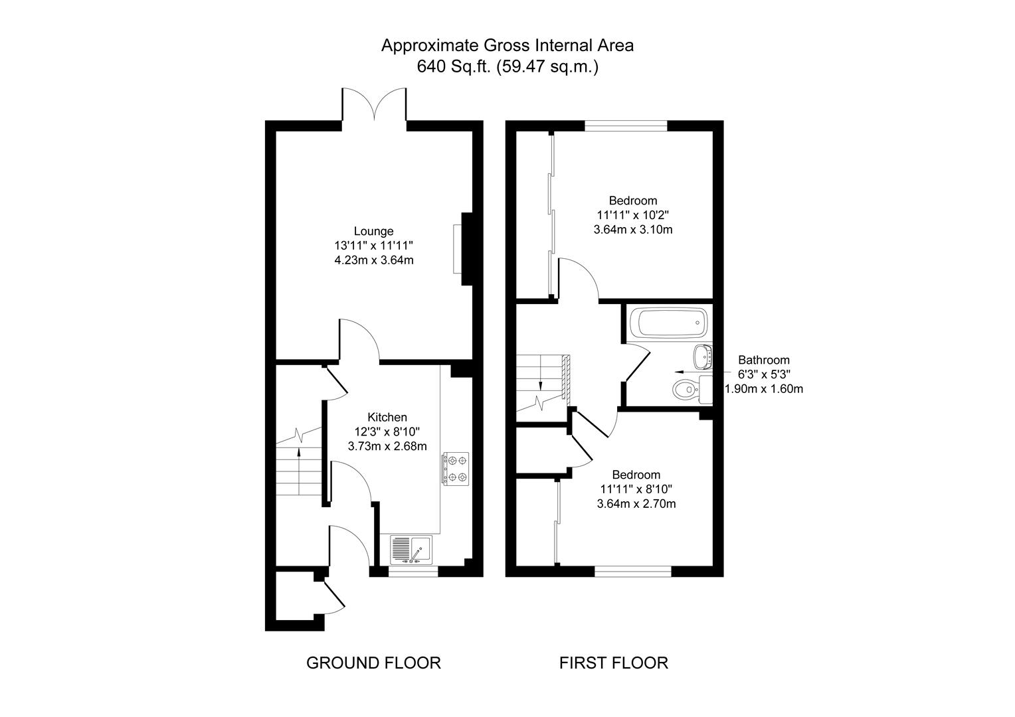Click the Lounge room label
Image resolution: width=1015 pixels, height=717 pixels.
[373, 231]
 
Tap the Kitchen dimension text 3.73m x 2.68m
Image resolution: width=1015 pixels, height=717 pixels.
[387, 446]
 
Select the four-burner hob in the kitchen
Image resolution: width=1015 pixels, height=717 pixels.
[456, 469]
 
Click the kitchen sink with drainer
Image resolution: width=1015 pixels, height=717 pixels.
[411, 550]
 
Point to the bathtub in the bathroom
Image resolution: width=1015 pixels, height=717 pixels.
[672, 323]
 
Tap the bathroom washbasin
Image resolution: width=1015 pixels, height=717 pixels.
[703, 357]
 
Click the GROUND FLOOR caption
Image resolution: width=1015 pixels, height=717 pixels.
[373, 663]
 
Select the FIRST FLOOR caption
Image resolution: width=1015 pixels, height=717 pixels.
[614, 663]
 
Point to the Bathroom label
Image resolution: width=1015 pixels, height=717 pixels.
[764, 360]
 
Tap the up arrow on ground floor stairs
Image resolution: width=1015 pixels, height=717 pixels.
[299, 471]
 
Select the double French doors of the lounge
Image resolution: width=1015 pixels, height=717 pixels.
[374, 105]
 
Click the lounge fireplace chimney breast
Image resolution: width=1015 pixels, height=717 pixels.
[467, 249]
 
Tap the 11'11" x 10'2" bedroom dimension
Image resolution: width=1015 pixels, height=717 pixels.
[633, 214]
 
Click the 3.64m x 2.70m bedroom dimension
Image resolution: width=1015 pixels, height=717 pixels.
[636, 504]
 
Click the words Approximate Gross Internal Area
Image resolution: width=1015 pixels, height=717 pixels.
[507, 46]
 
